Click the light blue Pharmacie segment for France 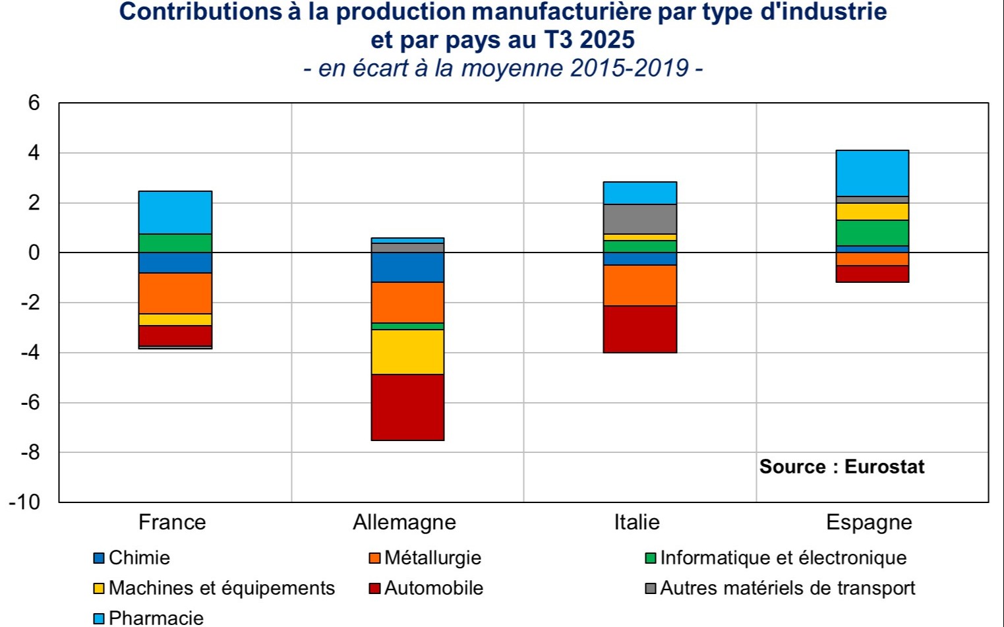click(x=175, y=212)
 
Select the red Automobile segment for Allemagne click(x=407, y=407)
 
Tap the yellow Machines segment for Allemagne click(x=407, y=351)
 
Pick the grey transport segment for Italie click(x=639, y=219)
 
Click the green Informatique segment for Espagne click(x=872, y=233)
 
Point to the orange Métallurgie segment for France click(x=175, y=293)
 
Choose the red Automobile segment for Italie click(x=639, y=329)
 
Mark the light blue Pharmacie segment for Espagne click(x=872, y=173)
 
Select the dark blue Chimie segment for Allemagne click(x=407, y=267)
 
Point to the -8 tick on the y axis click(x=30, y=452)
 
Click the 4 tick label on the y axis click(x=34, y=153)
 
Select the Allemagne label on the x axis click(x=404, y=523)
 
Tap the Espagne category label click(x=869, y=523)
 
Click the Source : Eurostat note click(x=842, y=467)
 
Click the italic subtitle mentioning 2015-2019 click(x=502, y=69)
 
